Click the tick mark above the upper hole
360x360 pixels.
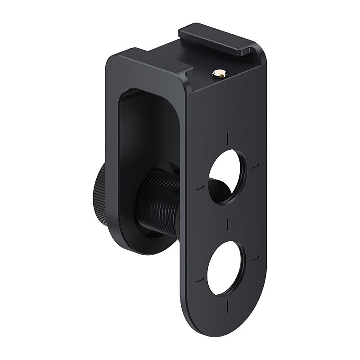click(228, 138)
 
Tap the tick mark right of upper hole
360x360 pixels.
click(255, 166)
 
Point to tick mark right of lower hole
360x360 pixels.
click(255, 259)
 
